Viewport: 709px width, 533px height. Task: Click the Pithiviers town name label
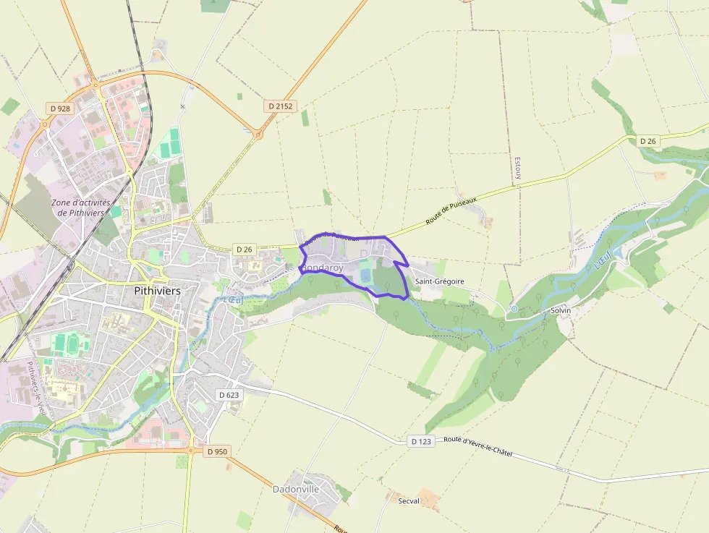pyautogui.click(x=157, y=290)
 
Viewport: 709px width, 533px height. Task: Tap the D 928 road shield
pyautogui.click(x=59, y=108)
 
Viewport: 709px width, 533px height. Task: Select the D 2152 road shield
pyautogui.click(x=280, y=106)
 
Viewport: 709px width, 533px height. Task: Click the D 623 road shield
pyautogui.click(x=228, y=394)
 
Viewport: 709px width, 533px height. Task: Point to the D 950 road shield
pyautogui.click(x=216, y=451)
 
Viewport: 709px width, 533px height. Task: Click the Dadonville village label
pyautogui.click(x=296, y=489)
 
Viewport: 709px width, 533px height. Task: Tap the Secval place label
pyautogui.click(x=409, y=500)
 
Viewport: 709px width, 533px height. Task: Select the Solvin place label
pyautogui.click(x=561, y=310)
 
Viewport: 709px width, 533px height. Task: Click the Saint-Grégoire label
pyautogui.click(x=440, y=281)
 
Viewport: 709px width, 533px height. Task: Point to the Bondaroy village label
pyautogui.click(x=321, y=268)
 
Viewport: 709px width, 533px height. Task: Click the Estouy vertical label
pyautogui.click(x=517, y=170)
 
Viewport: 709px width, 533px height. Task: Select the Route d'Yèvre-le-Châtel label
pyautogui.click(x=477, y=445)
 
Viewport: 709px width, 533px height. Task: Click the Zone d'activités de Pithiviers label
pyautogui.click(x=80, y=208)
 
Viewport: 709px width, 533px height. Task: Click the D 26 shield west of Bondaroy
pyautogui.click(x=245, y=249)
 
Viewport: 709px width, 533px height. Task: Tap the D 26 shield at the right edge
pyautogui.click(x=648, y=140)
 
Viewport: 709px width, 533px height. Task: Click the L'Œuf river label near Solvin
pyautogui.click(x=602, y=260)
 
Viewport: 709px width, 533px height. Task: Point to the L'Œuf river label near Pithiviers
pyautogui.click(x=234, y=299)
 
